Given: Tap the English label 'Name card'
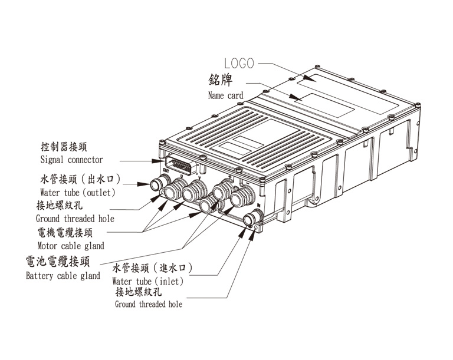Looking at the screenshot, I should [x=225, y=95].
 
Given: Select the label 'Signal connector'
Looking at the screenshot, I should [x=71, y=160].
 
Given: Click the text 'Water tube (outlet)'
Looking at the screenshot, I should [x=77, y=192].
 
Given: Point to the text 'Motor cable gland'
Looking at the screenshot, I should [x=70, y=246].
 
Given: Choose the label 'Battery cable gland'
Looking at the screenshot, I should [x=63, y=276].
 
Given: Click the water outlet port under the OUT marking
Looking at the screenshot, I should [x=161, y=181].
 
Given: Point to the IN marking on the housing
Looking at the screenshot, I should [x=259, y=204].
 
